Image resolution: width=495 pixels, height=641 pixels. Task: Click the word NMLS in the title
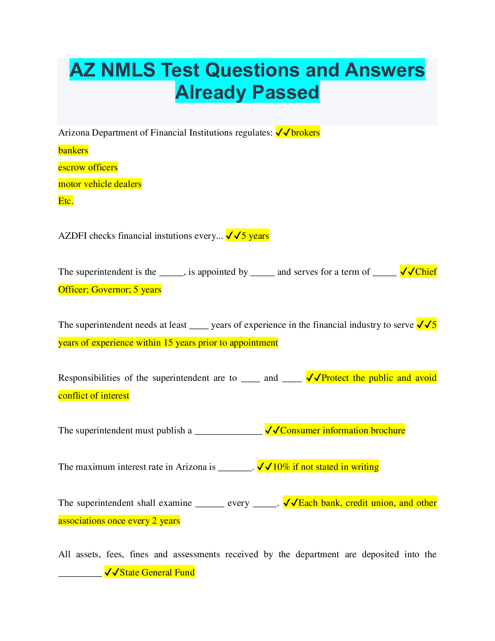pyautogui.click(x=128, y=70)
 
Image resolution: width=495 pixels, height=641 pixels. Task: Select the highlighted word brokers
pyautogui.click(x=305, y=133)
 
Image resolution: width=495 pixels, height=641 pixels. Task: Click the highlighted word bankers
pyautogui.click(x=73, y=151)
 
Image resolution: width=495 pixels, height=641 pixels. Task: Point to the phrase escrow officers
pyautogui.click(x=88, y=168)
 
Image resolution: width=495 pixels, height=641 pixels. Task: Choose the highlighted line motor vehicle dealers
pyautogui.click(x=100, y=184)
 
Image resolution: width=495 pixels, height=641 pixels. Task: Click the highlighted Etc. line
pyautogui.click(x=66, y=201)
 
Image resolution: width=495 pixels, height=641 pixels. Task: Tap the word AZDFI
pyautogui.click(x=72, y=236)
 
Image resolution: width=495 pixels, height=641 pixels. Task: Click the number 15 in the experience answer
pyautogui.click(x=168, y=343)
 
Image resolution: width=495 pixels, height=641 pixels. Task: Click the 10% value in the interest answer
pyautogui.click(x=281, y=467)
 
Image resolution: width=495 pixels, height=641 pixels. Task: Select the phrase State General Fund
pyautogui.click(x=157, y=573)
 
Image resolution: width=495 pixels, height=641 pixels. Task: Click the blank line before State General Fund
pyautogui.click(x=80, y=575)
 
